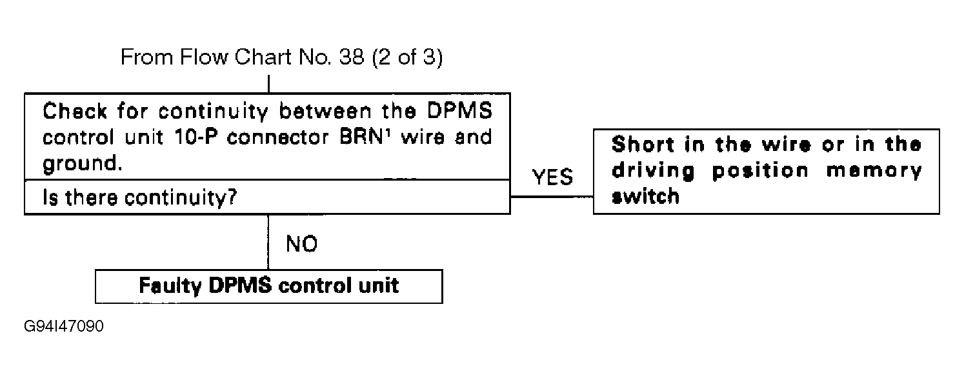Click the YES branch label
pos(552,178)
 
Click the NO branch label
pos(301,245)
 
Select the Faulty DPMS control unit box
pos(268,286)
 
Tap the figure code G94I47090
pos(64,326)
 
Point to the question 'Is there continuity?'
pos(139,197)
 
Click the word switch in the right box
pos(645,196)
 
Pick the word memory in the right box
pos(881,170)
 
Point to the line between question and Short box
pos(552,196)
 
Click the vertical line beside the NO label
pos(268,242)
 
